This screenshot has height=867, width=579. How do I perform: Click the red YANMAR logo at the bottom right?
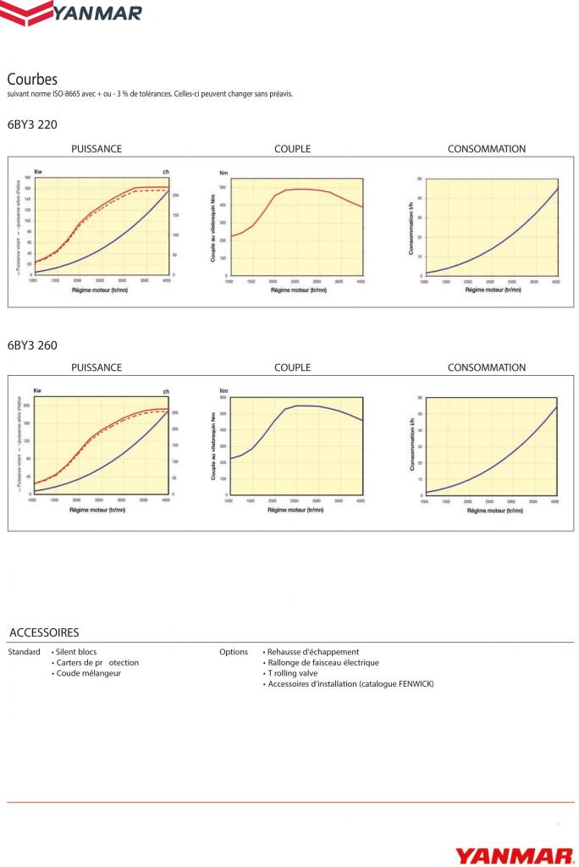pyautogui.click(x=515, y=855)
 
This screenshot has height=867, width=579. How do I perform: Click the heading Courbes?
pyautogui.click(x=32, y=79)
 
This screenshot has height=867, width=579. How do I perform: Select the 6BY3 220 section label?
pyautogui.click(x=32, y=124)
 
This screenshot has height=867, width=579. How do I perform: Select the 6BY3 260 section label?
pyautogui.click(x=32, y=345)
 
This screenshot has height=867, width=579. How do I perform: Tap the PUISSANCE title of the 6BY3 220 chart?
pyautogui.click(x=96, y=149)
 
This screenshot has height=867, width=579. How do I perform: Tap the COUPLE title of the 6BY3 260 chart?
pyautogui.click(x=292, y=367)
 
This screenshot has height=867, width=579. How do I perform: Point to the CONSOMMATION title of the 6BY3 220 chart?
pyautogui.click(x=487, y=149)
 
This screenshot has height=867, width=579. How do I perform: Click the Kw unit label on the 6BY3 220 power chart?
pyautogui.click(x=37, y=172)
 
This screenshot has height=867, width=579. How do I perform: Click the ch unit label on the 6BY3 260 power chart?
pyautogui.click(x=166, y=390)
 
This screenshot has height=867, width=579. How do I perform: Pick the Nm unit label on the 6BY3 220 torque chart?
pyautogui.click(x=223, y=172)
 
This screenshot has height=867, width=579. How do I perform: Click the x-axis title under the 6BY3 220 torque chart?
pyautogui.click(x=292, y=290)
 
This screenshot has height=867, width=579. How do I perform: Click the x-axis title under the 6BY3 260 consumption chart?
pyautogui.click(x=487, y=511)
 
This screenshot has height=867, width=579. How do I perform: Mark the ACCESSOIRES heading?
pyautogui.click(x=44, y=632)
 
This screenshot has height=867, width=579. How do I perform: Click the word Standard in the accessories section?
pyautogui.click(x=24, y=652)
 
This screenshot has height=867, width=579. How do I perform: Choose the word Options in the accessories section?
pyautogui.click(x=234, y=652)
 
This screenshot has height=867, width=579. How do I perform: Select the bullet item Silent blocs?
pyautogui.click(x=75, y=652)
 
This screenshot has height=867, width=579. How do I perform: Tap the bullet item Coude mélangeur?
pyautogui.click(x=87, y=673)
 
